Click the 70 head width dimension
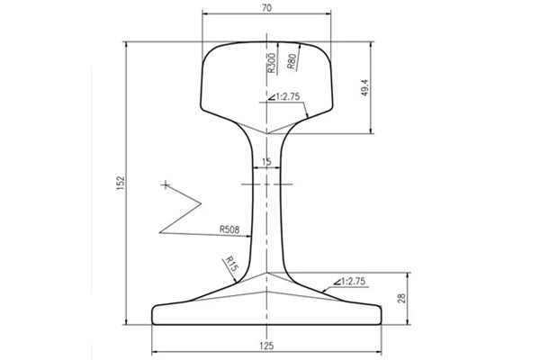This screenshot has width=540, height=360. pos(267,7)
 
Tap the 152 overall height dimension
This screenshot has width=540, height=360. pos(120,183)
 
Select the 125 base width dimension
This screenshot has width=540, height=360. pos(267,345)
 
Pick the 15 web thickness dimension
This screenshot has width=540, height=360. pos(265,163)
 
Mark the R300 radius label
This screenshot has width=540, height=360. pos(272,63)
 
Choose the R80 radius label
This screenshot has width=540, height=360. pos(292,61)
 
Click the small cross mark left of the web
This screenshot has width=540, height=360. pos(166,184)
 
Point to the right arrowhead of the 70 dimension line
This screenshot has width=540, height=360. pos(329,14)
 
